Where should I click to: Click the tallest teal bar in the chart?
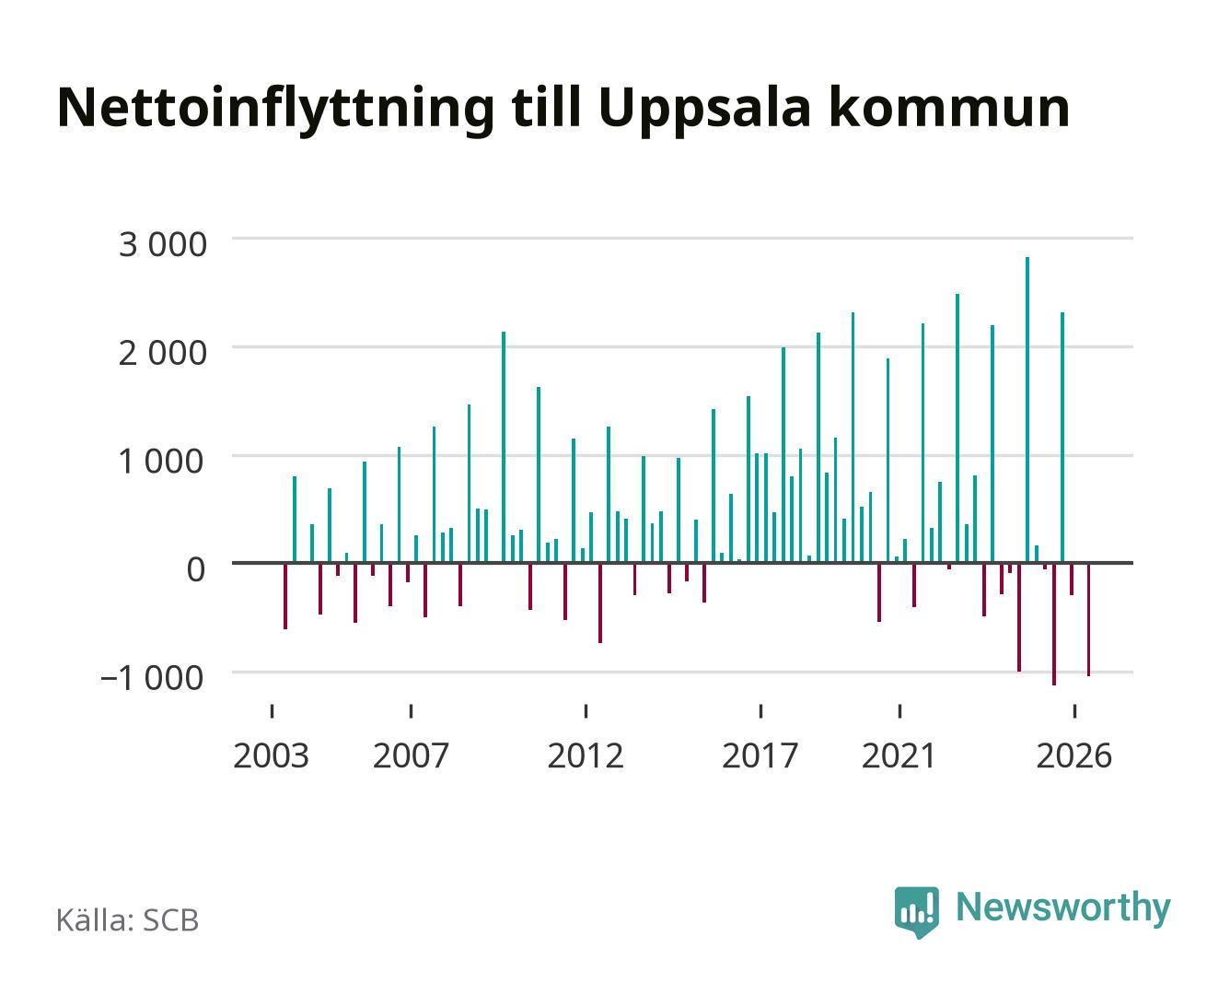(1027, 409)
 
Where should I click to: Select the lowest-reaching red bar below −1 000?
(1054, 624)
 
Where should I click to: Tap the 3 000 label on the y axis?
(162, 244)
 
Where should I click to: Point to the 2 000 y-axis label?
(162, 353)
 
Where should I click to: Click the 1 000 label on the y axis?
(161, 462)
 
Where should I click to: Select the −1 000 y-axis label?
(152, 678)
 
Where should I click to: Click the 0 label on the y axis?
(196, 569)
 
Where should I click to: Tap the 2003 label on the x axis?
(271, 755)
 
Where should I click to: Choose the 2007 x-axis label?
(411, 755)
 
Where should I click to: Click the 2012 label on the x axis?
(586, 755)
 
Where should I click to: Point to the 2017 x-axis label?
(760, 755)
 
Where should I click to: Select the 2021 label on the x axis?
(899, 755)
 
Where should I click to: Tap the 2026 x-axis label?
(1074, 755)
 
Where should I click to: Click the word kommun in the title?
(949, 108)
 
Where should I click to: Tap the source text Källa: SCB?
(128, 920)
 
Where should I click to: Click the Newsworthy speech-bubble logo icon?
(916, 912)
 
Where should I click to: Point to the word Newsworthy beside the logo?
(1063, 908)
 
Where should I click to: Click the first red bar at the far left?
(285, 596)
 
